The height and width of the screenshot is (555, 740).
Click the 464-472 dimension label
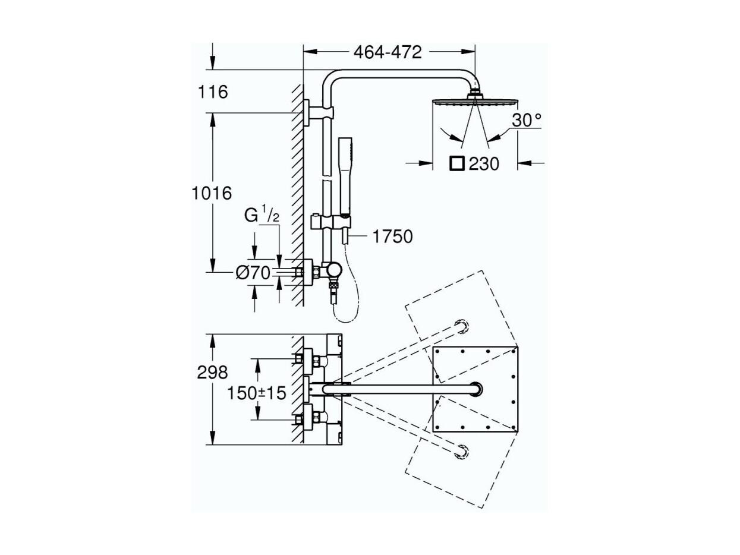[388, 52]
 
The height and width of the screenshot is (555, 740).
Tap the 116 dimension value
[213, 92]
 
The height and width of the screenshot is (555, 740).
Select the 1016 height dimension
[212, 194]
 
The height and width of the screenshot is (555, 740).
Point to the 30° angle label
[527, 120]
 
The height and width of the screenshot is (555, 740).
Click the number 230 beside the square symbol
[484, 164]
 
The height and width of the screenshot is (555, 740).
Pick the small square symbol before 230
[457, 164]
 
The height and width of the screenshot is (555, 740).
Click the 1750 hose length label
[392, 236]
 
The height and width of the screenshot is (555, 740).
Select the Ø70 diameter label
[253, 273]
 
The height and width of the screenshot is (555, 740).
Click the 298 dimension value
[212, 373]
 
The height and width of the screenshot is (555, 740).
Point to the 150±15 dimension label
[257, 393]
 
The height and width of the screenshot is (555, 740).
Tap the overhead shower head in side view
[476, 100]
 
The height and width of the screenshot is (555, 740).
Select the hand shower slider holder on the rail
[330, 222]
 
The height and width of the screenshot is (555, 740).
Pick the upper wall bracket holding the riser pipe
[319, 113]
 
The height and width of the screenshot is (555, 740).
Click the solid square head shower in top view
[475, 389]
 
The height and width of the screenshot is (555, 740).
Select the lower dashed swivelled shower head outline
[461, 452]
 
